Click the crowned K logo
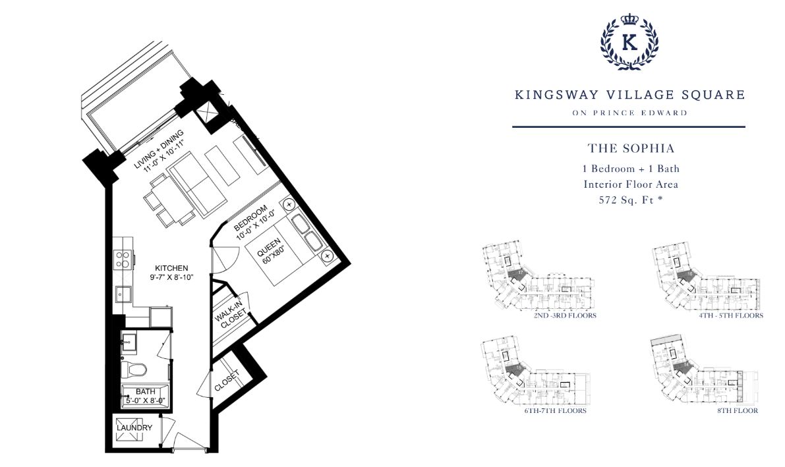629,42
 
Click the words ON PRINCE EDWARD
629,113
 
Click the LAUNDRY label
134,427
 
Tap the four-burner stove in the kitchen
123,258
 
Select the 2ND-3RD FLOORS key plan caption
566,316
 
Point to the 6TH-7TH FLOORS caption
555,410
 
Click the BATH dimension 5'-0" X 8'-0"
146,400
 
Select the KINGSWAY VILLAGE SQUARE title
629,95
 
